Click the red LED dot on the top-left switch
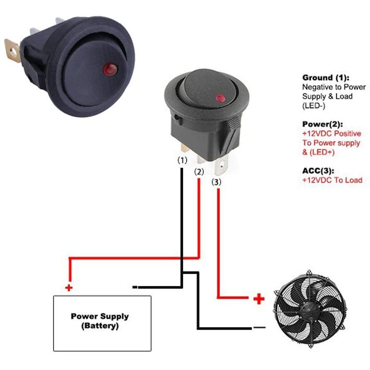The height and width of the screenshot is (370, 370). click(110, 69)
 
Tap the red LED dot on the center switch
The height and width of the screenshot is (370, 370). click(220, 98)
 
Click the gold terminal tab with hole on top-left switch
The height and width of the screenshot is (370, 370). click(12, 51)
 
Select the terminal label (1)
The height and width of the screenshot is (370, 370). click(182, 160)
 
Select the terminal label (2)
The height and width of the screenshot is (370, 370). click(199, 172)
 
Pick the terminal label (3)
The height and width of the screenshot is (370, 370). click(217, 182)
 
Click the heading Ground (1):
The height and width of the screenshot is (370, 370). click(326, 78)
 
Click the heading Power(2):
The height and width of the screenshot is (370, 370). click(323, 124)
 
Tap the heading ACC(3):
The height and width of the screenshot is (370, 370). click(318, 170)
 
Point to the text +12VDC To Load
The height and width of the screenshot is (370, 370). click(332, 180)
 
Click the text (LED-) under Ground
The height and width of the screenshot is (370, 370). click(314, 106)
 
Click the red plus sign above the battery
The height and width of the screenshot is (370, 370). click(69, 287)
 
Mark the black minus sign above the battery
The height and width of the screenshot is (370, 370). click(135, 287)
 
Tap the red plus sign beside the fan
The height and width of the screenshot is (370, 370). click(259, 299)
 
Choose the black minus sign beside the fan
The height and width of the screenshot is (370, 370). click(259, 327)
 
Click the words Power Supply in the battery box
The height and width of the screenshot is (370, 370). click(100, 316)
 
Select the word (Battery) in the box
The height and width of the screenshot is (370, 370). click(100, 326)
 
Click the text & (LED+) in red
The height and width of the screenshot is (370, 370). click(318, 152)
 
